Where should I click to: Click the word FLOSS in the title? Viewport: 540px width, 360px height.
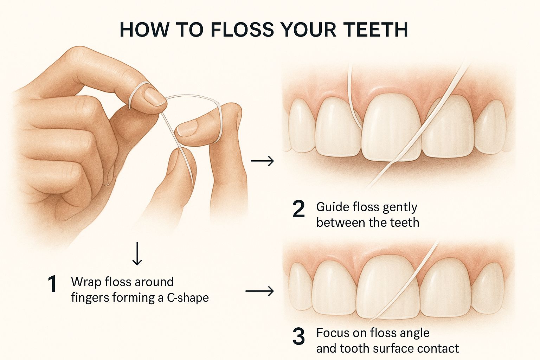point(242,30)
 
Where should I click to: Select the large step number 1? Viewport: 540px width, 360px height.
point(52,284)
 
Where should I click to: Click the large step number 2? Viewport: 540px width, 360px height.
point(299,209)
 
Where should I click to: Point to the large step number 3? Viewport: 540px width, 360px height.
point(299,336)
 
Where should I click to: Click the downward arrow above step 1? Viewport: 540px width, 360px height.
point(137,253)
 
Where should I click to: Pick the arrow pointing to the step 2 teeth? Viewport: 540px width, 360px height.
point(262,161)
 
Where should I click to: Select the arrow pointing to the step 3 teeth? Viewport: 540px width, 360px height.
point(259,291)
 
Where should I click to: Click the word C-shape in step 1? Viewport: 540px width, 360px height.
point(188,298)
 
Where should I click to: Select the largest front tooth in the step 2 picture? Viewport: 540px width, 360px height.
point(391,127)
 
